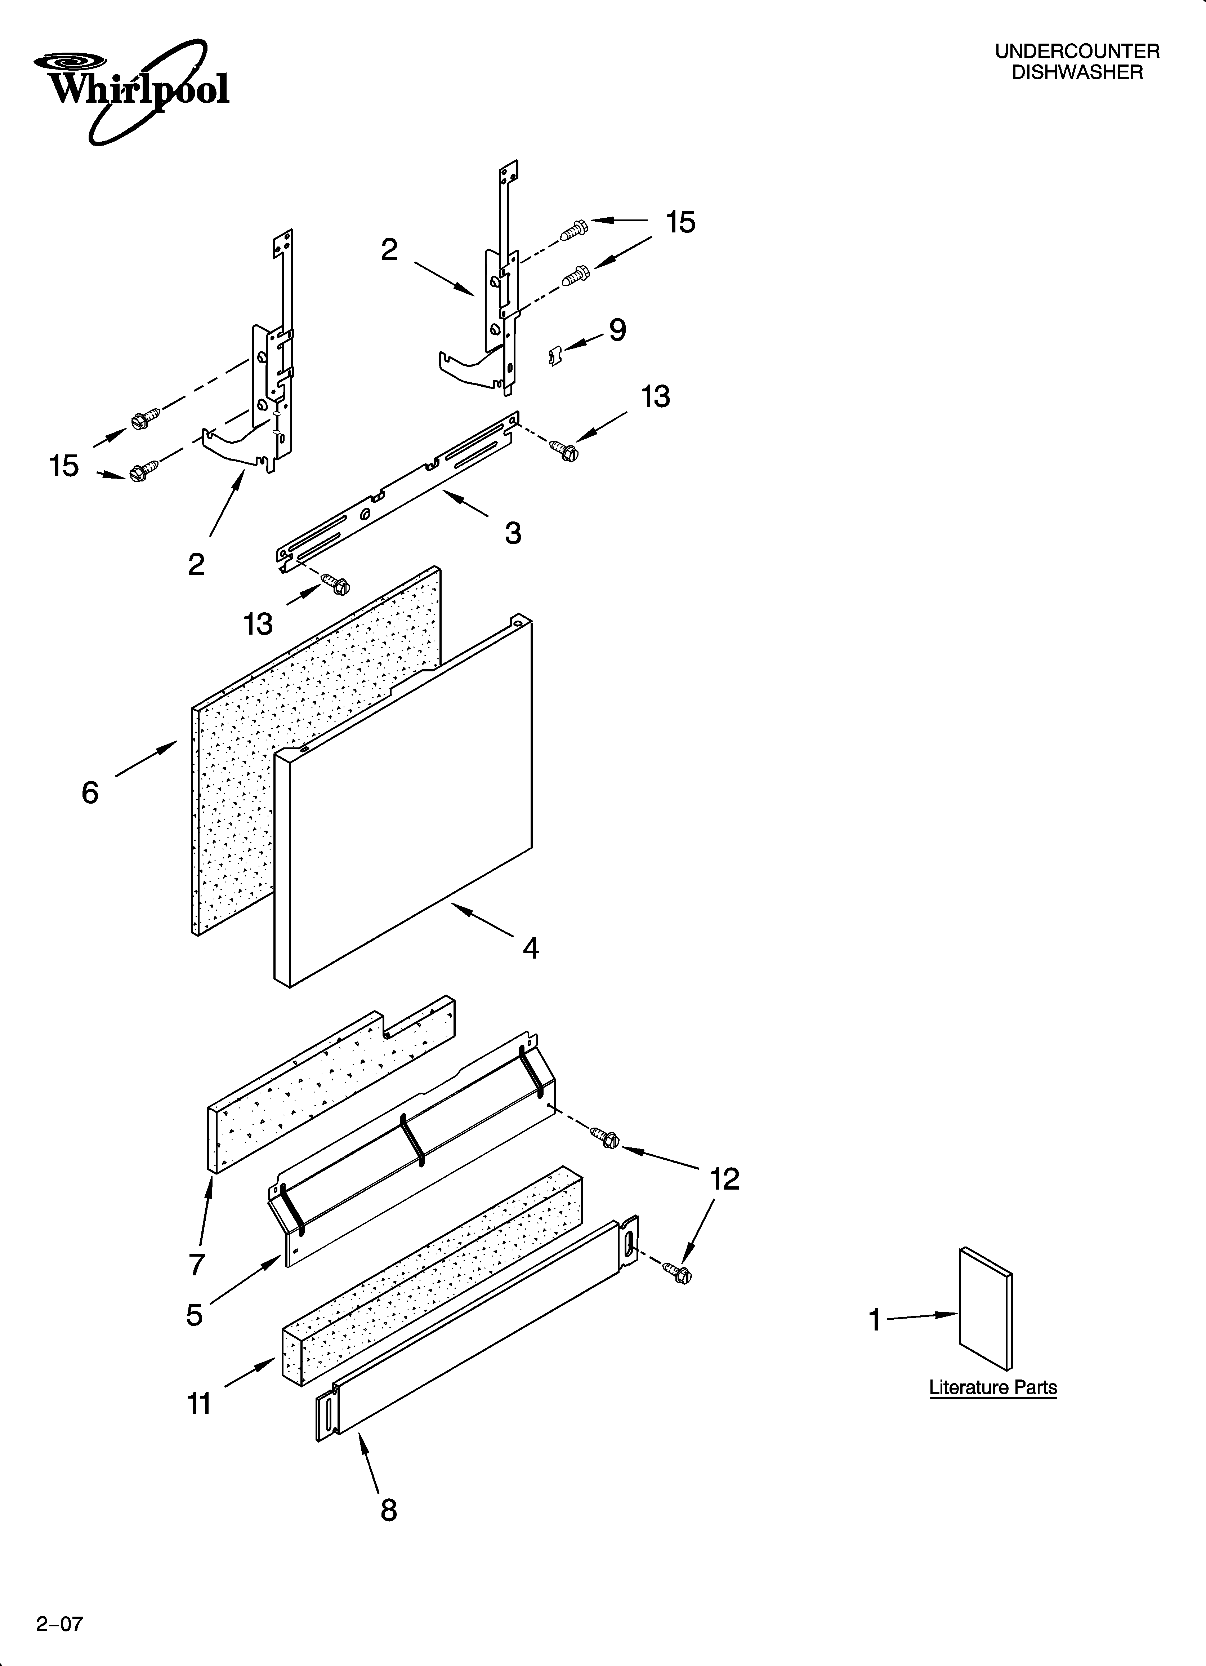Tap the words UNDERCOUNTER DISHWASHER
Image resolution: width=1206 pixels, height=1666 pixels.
tap(1077, 62)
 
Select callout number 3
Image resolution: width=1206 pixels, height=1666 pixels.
tap(513, 533)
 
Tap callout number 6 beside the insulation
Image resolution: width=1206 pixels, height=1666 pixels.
tap(90, 792)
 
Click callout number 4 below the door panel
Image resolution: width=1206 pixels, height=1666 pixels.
tap(530, 948)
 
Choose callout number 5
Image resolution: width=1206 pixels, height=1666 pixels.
tap(194, 1315)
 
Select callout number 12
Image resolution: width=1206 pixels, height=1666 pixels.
tap(724, 1179)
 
